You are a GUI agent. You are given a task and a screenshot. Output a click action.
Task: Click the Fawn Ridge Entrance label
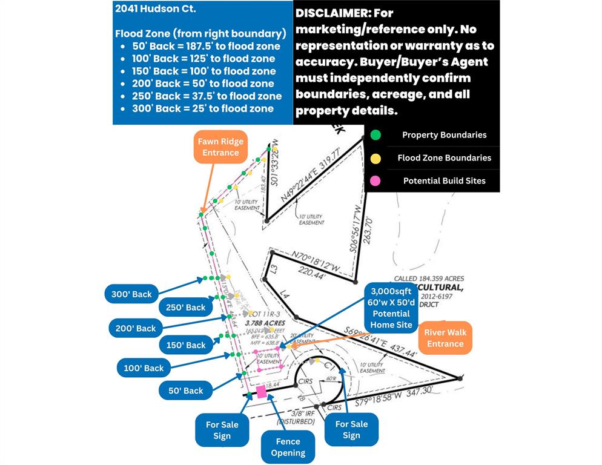click(x=220, y=147)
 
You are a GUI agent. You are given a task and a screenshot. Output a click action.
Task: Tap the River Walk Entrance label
click(x=445, y=338)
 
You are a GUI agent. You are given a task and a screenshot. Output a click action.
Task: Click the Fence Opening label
click(x=288, y=447)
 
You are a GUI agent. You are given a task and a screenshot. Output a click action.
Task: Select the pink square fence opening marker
click(x=262, y=392)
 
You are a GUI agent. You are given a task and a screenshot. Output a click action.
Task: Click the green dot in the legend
click(x=375, y=135)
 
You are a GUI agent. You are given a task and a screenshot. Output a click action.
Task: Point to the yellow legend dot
click(x=375, y=158)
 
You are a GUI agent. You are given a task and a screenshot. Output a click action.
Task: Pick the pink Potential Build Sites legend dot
click(x=375, y=180)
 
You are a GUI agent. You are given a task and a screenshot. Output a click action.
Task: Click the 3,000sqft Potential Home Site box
click(x=391, y=307)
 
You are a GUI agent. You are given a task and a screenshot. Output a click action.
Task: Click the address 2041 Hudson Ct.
click(x=148, y=9)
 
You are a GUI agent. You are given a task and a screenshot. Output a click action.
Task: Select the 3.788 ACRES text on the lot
click(x=265, y=323)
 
